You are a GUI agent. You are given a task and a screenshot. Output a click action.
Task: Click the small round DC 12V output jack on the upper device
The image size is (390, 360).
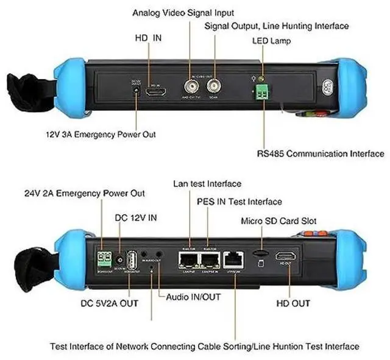pyautogui.click(x=135, y=91)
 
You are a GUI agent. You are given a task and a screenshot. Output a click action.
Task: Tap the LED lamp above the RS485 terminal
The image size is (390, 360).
pyautogui.click(x=262, y=80)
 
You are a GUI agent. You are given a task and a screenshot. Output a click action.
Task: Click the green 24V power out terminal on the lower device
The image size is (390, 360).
pyautogui.click(x=103, y=257)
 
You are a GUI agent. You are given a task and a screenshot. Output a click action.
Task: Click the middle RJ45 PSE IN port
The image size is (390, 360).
pyautogui.click(x=210, y=261)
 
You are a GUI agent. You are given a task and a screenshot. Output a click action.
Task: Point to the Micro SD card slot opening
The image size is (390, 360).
pyautogui.click(x=258, y=252)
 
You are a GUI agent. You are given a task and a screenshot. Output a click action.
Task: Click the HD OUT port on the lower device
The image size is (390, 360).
pyautogui.click(x=285, y=256)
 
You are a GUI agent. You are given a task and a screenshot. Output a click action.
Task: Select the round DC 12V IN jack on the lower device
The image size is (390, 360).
pyautogui.click(x=119, y=260)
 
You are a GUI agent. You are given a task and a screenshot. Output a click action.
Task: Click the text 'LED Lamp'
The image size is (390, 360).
pyautogui.click(x=272, y=41)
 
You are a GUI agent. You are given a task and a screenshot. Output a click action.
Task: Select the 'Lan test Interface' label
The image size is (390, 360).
pyautogui.click(x=207, y=183)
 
